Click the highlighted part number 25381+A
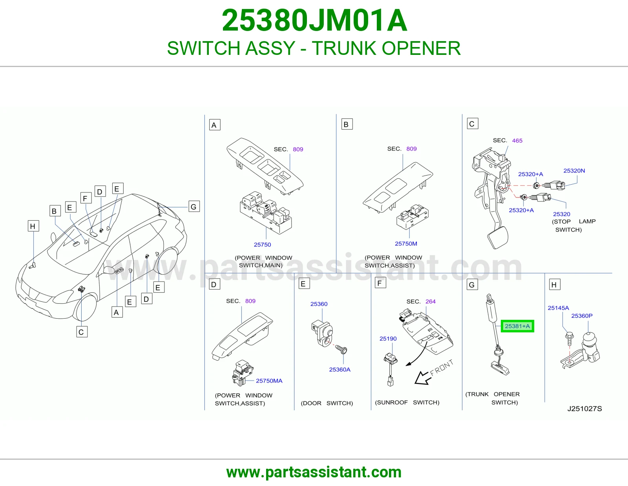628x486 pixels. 517,326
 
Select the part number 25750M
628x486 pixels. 406,243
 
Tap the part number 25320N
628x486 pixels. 574,170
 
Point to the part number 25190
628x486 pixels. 388,339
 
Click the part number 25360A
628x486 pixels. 340,370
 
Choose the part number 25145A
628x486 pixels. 558,308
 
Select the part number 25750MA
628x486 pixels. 269,381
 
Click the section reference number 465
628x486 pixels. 517,141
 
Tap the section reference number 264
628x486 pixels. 430,301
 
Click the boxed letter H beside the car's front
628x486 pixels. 33,226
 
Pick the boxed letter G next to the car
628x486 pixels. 194,206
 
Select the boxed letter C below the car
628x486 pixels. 82,332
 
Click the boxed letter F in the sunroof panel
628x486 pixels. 380,283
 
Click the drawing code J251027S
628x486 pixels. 584,409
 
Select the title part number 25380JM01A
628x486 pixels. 314,20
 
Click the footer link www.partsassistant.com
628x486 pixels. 314,472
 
